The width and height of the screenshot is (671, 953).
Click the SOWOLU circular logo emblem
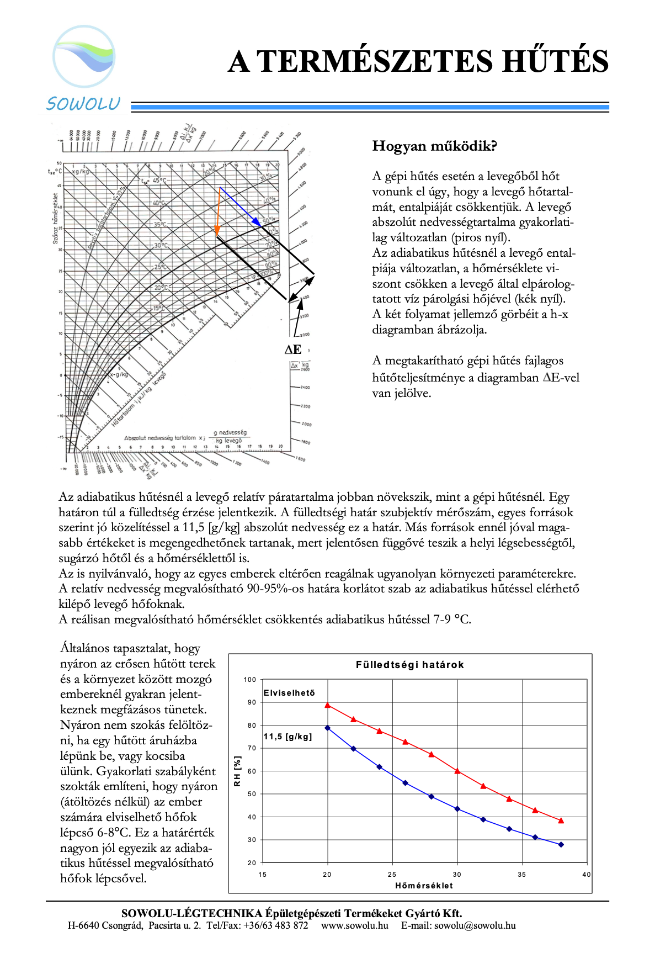click(84, 56)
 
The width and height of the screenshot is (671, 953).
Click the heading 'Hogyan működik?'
click(434, 146)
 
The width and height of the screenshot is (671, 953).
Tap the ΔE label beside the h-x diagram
click(293, 350)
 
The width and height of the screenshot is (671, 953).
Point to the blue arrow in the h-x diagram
click(240, 207)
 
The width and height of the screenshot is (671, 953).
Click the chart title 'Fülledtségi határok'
click(409, 665)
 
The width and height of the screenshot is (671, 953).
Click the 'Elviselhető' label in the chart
click(289, 693)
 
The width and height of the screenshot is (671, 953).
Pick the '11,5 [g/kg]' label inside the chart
click(287, 737)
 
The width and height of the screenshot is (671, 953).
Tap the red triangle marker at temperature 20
click(328, 705)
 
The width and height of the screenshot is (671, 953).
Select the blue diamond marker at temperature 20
click(328, 728)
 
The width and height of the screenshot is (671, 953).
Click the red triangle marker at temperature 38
click(561, 820)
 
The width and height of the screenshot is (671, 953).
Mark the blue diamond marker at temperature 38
click(561, 844)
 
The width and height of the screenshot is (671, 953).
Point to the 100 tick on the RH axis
click(250, 680)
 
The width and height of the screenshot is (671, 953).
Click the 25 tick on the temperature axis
click(392, 874)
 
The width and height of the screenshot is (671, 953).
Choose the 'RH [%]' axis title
click(237, 771)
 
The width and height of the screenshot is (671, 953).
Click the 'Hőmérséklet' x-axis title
click(424, 886)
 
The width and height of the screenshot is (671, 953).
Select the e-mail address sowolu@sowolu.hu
click(475, 925)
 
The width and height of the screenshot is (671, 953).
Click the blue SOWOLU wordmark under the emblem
click(83, 104)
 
